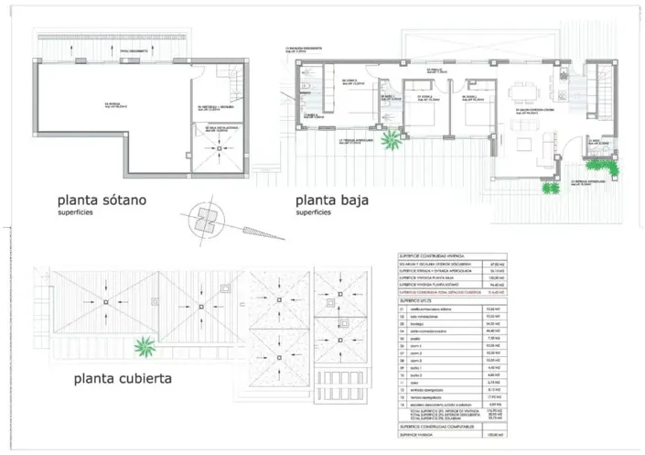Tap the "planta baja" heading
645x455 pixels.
(331, 200)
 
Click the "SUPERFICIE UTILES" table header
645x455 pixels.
(418, 299)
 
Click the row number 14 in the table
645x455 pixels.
(402, 403)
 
